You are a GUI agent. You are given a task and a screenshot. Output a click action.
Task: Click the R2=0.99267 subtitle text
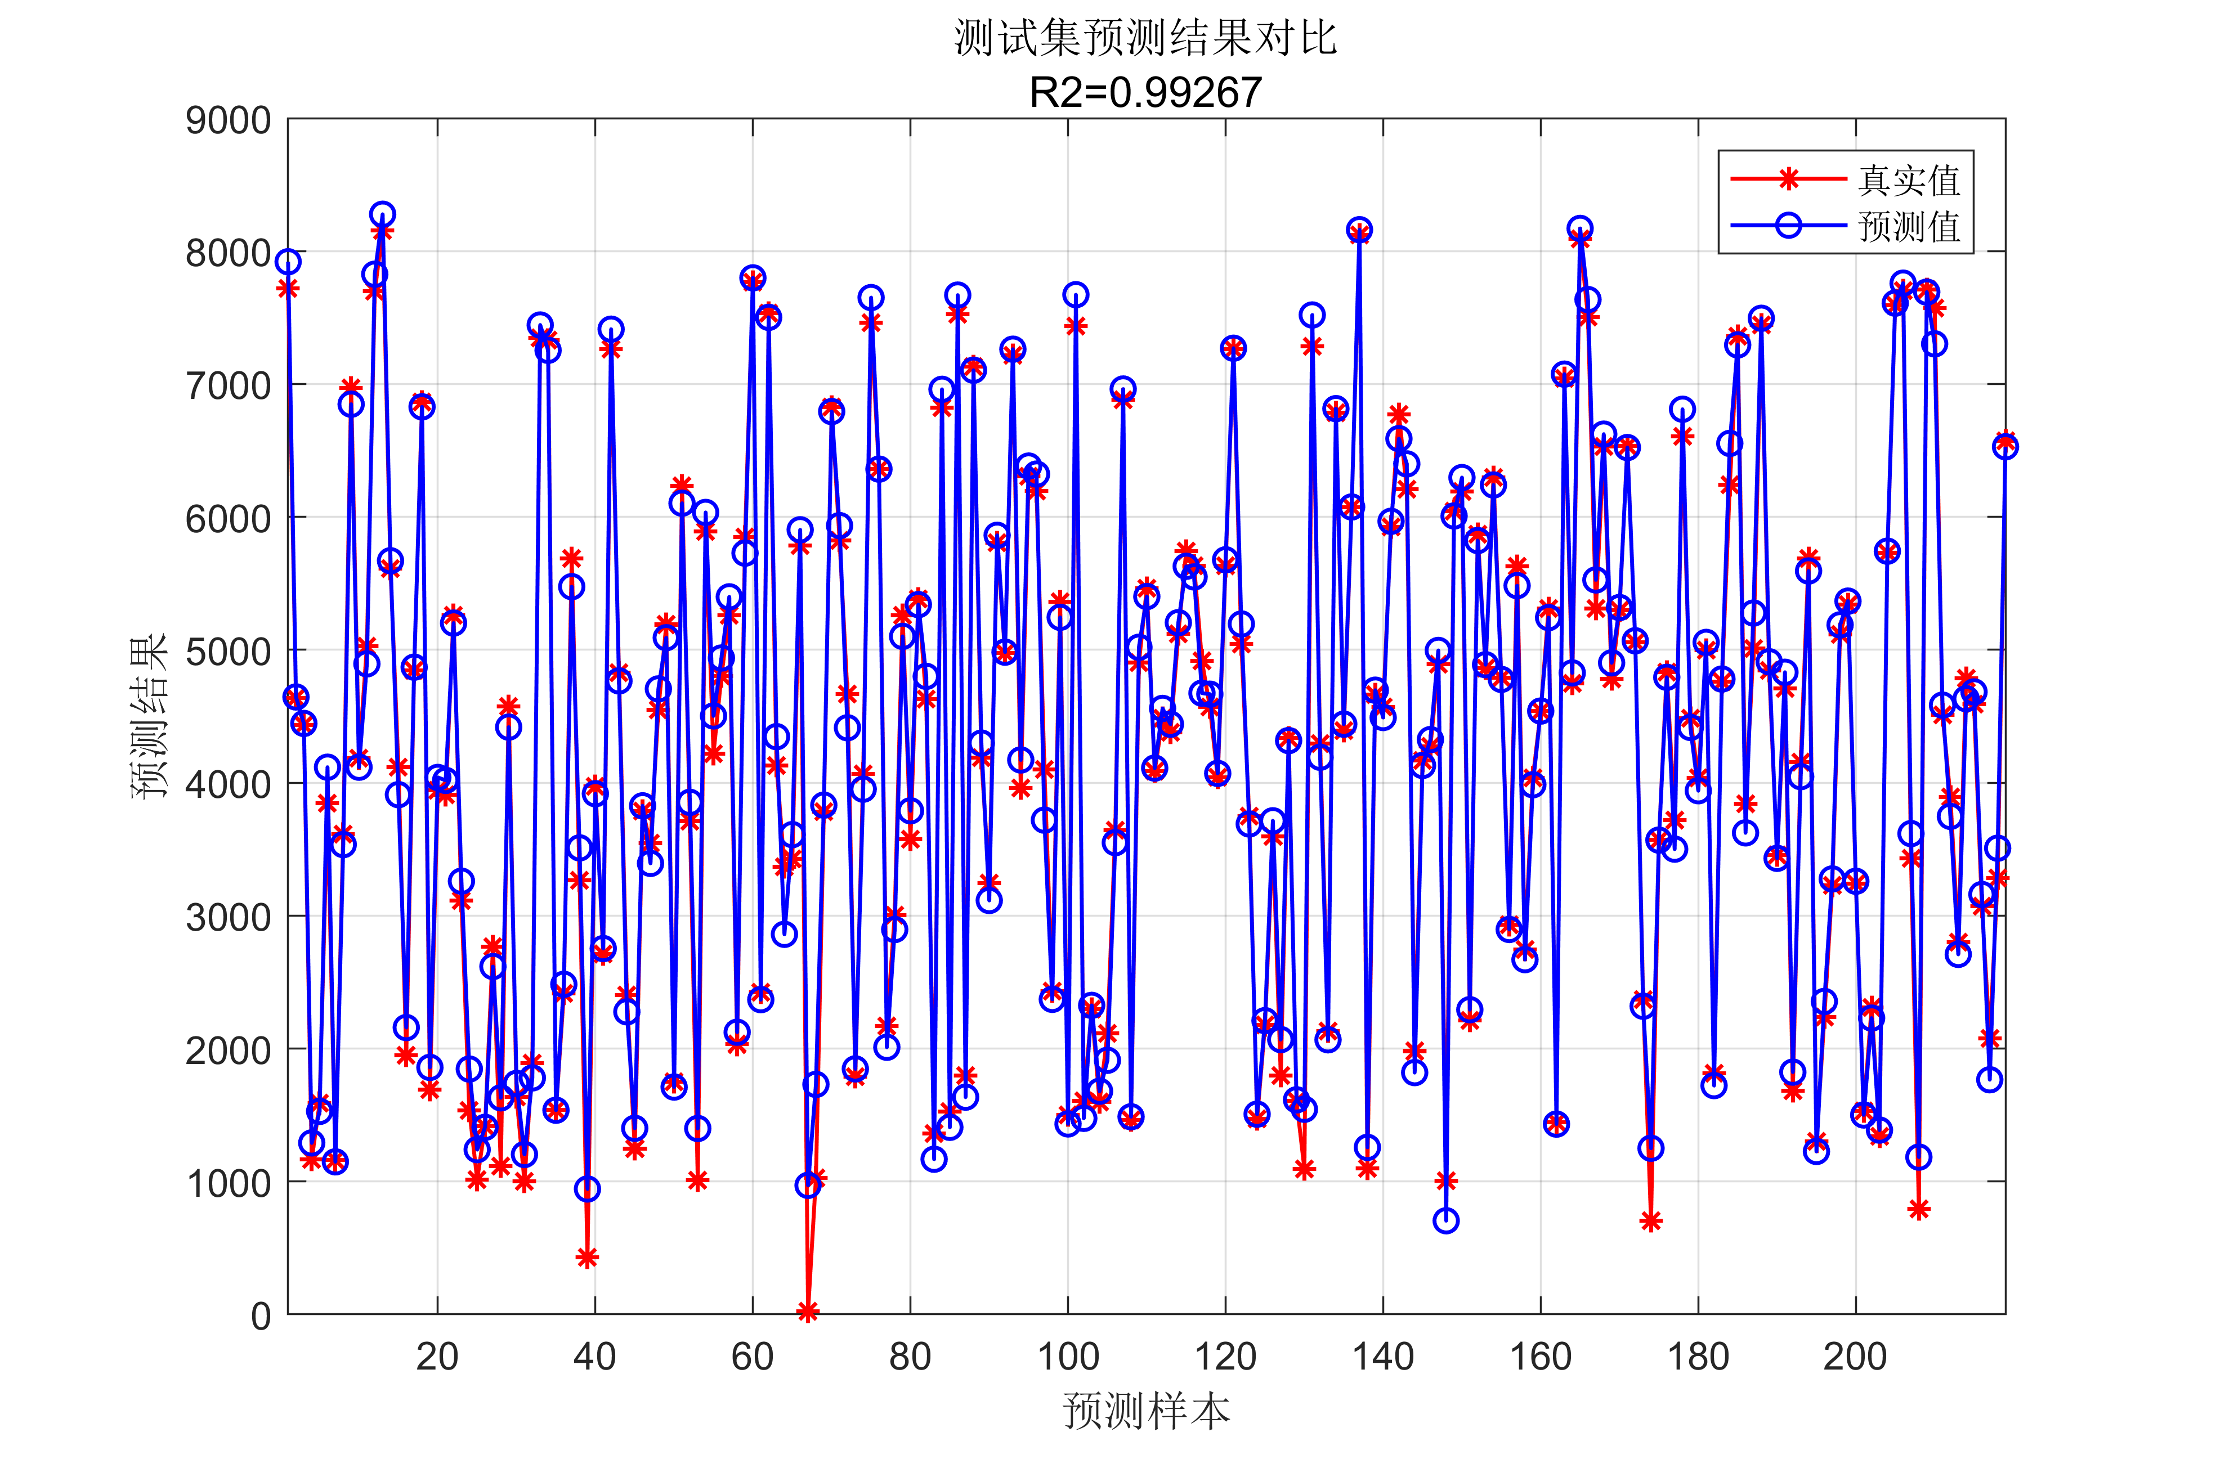pos(1145,92)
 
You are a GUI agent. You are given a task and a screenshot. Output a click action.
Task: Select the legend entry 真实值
pos(1909,180)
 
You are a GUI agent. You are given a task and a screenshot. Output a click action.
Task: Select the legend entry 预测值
pos(1909,226)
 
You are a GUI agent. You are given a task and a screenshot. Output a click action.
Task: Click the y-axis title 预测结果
pos(149,716)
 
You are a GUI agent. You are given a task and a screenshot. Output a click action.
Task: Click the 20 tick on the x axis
pos(437,1357)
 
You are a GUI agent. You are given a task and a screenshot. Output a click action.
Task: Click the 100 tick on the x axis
pos(1068,1357)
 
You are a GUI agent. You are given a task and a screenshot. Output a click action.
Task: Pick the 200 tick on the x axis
pos(1855,1357)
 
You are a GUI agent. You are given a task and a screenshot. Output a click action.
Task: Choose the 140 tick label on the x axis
pos(1383,1357)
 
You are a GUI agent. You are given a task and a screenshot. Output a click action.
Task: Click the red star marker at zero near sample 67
pos(808,1311)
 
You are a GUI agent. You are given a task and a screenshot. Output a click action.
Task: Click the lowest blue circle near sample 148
pos(1446,1221)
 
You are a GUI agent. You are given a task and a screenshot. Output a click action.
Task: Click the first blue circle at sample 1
pos(288,262)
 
